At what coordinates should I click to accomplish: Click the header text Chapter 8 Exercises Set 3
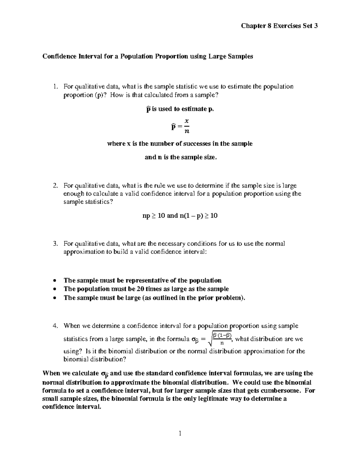279,26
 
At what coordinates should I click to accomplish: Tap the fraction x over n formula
187,126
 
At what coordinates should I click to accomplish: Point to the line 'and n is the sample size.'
180,157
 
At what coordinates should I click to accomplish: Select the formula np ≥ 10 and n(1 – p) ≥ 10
180,215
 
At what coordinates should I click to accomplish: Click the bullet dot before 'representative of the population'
54,281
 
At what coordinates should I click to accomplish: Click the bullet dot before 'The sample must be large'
54,298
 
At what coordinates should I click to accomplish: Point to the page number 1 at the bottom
180,433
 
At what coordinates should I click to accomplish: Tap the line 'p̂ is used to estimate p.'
180,109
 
